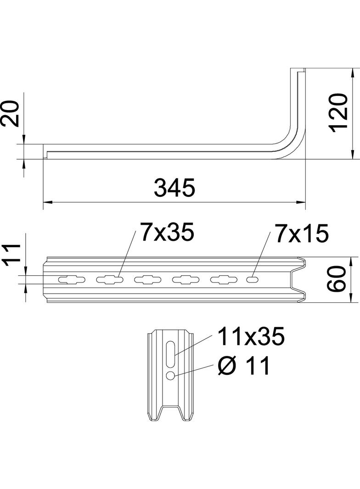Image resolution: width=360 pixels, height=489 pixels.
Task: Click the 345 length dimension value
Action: coord(174,188)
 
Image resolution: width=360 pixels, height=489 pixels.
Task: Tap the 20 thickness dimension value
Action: coord(10,113)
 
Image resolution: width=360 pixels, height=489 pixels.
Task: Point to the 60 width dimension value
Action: coord(336,280)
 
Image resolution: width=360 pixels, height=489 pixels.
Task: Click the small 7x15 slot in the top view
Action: coord(252,279)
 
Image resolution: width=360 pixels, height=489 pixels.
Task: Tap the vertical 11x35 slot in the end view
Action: coord(170,354)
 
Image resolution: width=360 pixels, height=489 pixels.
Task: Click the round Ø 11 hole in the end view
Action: coord(170,376)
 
